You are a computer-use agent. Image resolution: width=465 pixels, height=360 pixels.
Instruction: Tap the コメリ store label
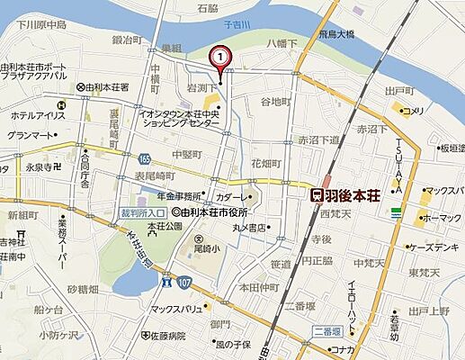click(x=413, y=111)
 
